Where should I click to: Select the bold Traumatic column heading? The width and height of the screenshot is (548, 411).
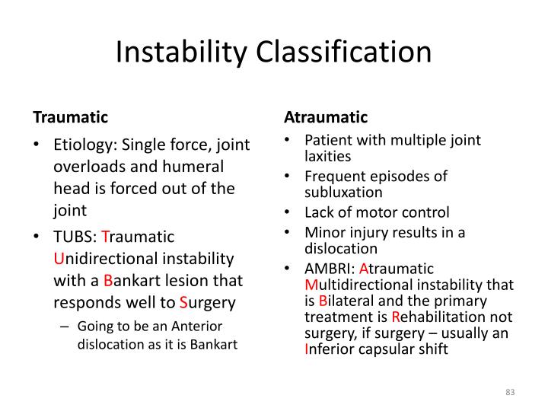pos(70,117)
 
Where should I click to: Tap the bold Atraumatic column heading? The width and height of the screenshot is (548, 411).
pos(326,117)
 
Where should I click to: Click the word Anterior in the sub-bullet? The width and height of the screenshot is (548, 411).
pos(197,327)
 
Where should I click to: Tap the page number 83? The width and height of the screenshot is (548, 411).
pos(510,392)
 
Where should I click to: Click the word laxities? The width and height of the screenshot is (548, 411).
pos(327,157)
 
